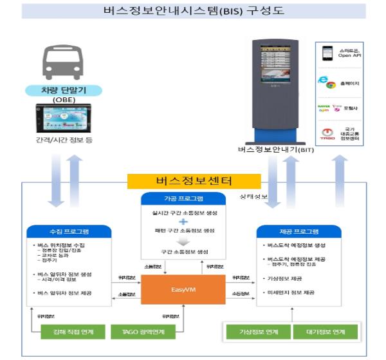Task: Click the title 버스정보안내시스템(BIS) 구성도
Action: click(193, 11)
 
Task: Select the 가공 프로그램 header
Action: click(183, 198)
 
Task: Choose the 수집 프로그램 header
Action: click(69, 230)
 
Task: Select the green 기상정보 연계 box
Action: click(256, 332)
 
